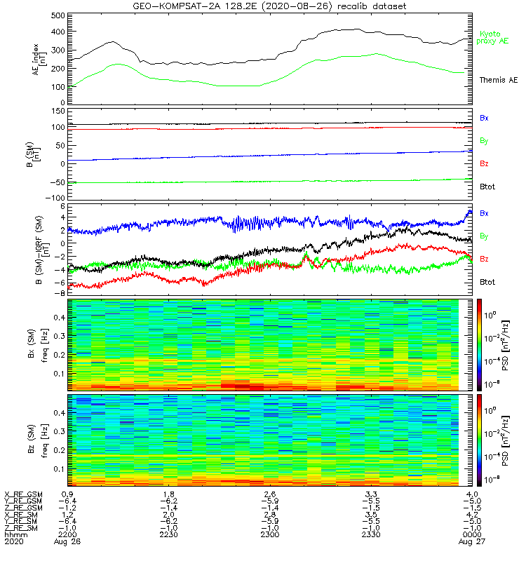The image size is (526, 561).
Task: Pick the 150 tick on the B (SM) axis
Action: [x=59, y=111]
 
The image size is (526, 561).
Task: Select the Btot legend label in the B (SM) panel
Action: [x=487, y=187]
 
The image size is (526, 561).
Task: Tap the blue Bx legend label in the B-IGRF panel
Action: [x=484, y=212]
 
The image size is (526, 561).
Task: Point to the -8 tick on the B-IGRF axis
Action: [x=62, y=292]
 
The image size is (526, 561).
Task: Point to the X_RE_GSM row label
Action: [x=22, y=494]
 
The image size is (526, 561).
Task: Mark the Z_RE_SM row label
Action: [x=22, y=527]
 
